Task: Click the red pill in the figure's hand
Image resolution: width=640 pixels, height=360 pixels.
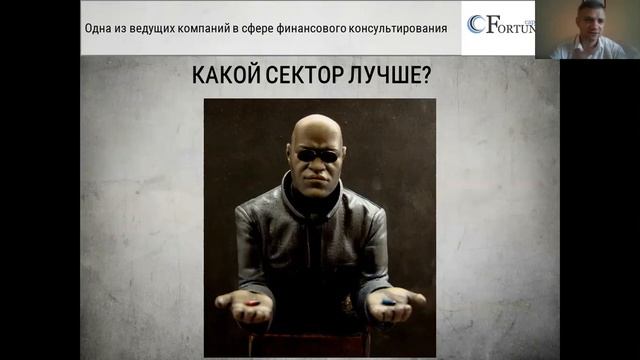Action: point(253,301)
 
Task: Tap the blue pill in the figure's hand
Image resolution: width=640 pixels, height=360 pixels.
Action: point(387,302)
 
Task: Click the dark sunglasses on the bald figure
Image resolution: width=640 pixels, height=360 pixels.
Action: point(318,155)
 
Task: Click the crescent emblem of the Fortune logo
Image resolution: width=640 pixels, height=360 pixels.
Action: point(476,24)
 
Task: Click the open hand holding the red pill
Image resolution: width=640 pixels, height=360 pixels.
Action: point(244,304)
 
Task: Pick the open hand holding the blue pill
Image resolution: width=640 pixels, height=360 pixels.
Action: point(395,304)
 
